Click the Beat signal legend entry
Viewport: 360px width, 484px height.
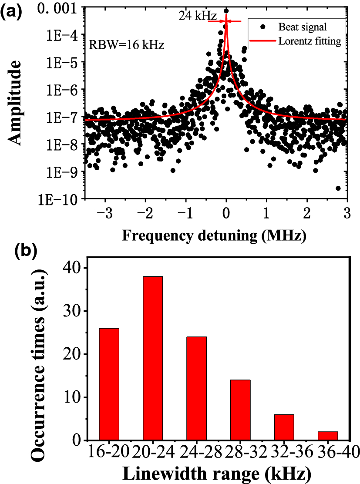coord(296,27)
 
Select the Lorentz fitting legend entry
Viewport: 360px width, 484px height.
coord(296,42)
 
